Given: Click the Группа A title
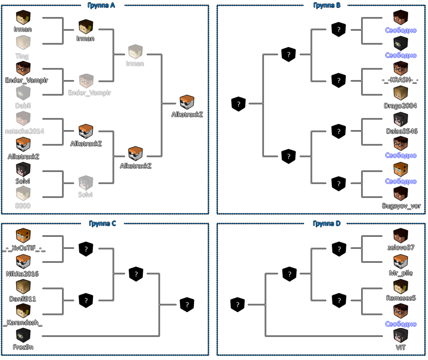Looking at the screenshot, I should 101,6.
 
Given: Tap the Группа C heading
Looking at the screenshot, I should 102,223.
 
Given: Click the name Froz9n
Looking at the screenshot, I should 23,347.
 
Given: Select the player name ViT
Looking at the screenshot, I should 400,347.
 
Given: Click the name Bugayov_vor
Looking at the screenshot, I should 400,206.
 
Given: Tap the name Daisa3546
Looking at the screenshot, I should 402,131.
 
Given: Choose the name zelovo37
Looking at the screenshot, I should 401,247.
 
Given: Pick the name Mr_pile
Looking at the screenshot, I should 401,273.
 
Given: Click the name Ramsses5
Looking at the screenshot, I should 401,298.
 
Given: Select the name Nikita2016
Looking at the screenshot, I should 22,274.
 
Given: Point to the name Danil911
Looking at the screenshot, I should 22,299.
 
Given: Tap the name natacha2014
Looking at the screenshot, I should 24,131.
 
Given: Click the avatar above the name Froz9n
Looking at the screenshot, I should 23,335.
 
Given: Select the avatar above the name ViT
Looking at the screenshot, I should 400,335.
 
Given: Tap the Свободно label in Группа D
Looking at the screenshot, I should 401,324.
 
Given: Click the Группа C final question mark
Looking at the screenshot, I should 187,305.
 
